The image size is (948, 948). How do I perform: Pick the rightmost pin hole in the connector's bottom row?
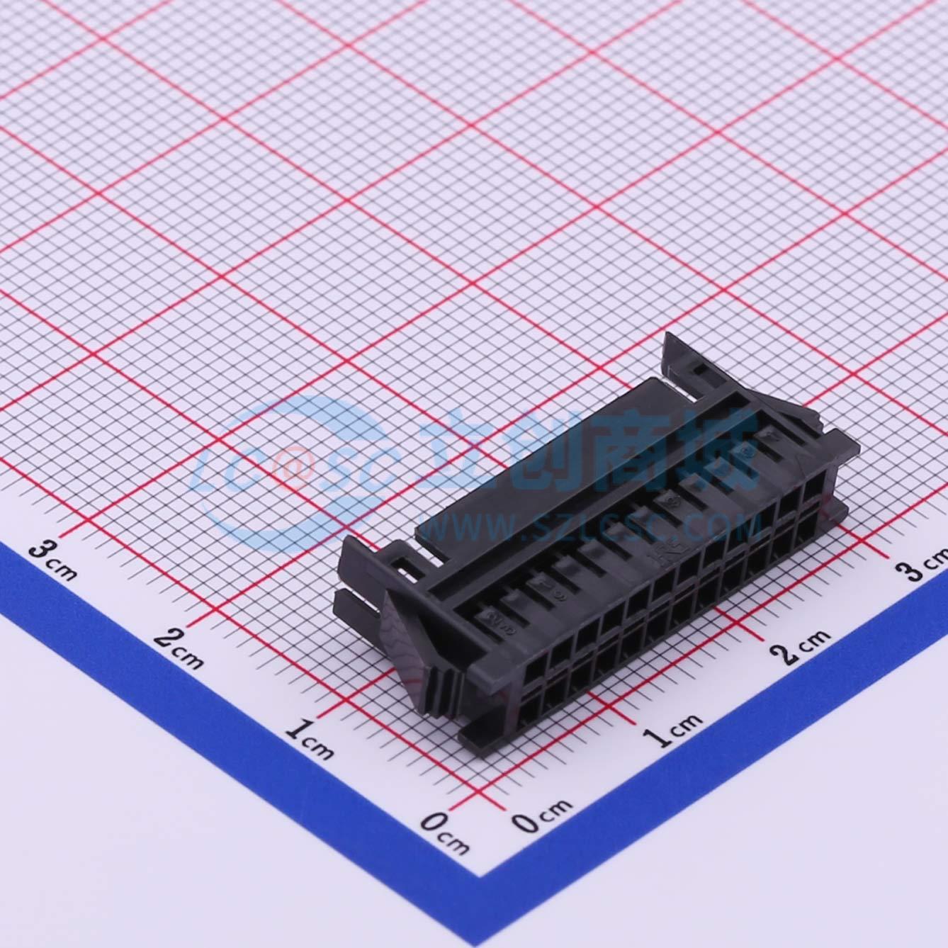coord(812,528)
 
